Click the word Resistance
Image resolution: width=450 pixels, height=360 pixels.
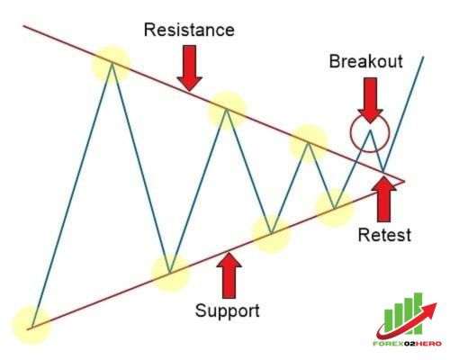(189, 30)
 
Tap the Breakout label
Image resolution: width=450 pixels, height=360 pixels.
(366, 61)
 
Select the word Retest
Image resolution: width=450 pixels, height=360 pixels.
(384, 235)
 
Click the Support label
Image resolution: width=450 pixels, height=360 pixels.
(228, 310)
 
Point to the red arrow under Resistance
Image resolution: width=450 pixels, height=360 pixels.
(189, 68)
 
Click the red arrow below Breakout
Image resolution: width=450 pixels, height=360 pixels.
(370, 100)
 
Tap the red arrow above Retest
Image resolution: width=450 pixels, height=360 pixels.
(383, 199)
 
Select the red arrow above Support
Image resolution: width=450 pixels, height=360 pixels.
(229, 275)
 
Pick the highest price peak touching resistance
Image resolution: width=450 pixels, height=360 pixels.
(112, 64)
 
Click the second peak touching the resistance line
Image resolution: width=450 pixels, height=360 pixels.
(227, 110)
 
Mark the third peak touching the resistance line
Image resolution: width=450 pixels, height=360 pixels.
(308, 142)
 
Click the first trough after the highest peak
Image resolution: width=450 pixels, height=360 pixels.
(169, 273)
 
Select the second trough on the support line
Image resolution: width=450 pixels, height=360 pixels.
(271, 233)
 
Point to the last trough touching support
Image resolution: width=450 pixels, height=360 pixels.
(335, 208)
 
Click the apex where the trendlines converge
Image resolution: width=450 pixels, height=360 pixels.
(404, 181)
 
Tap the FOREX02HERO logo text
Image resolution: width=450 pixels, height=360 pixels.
(407, 344)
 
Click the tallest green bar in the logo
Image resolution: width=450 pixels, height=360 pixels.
(418, 313)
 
